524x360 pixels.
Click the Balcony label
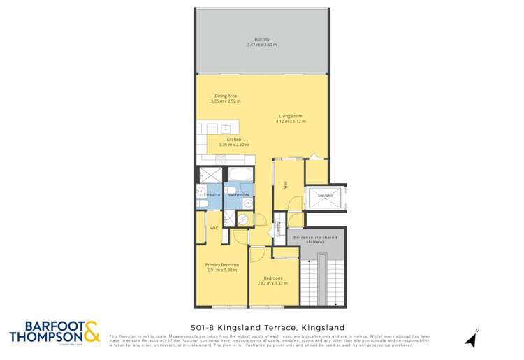point(262,39)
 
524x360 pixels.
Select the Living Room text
point(290,116)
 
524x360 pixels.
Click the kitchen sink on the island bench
point(226,128)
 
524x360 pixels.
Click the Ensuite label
point(212,194)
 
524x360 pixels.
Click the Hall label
point(286,185)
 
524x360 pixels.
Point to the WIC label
point(214,228)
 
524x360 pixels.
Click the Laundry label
point(279,229)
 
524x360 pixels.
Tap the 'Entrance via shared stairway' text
point(316,240)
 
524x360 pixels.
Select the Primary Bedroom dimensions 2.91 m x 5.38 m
point(222,269)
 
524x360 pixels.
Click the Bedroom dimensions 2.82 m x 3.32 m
point(273,283)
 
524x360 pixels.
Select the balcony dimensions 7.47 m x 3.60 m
point(262,45)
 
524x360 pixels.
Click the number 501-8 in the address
point(203,327)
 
